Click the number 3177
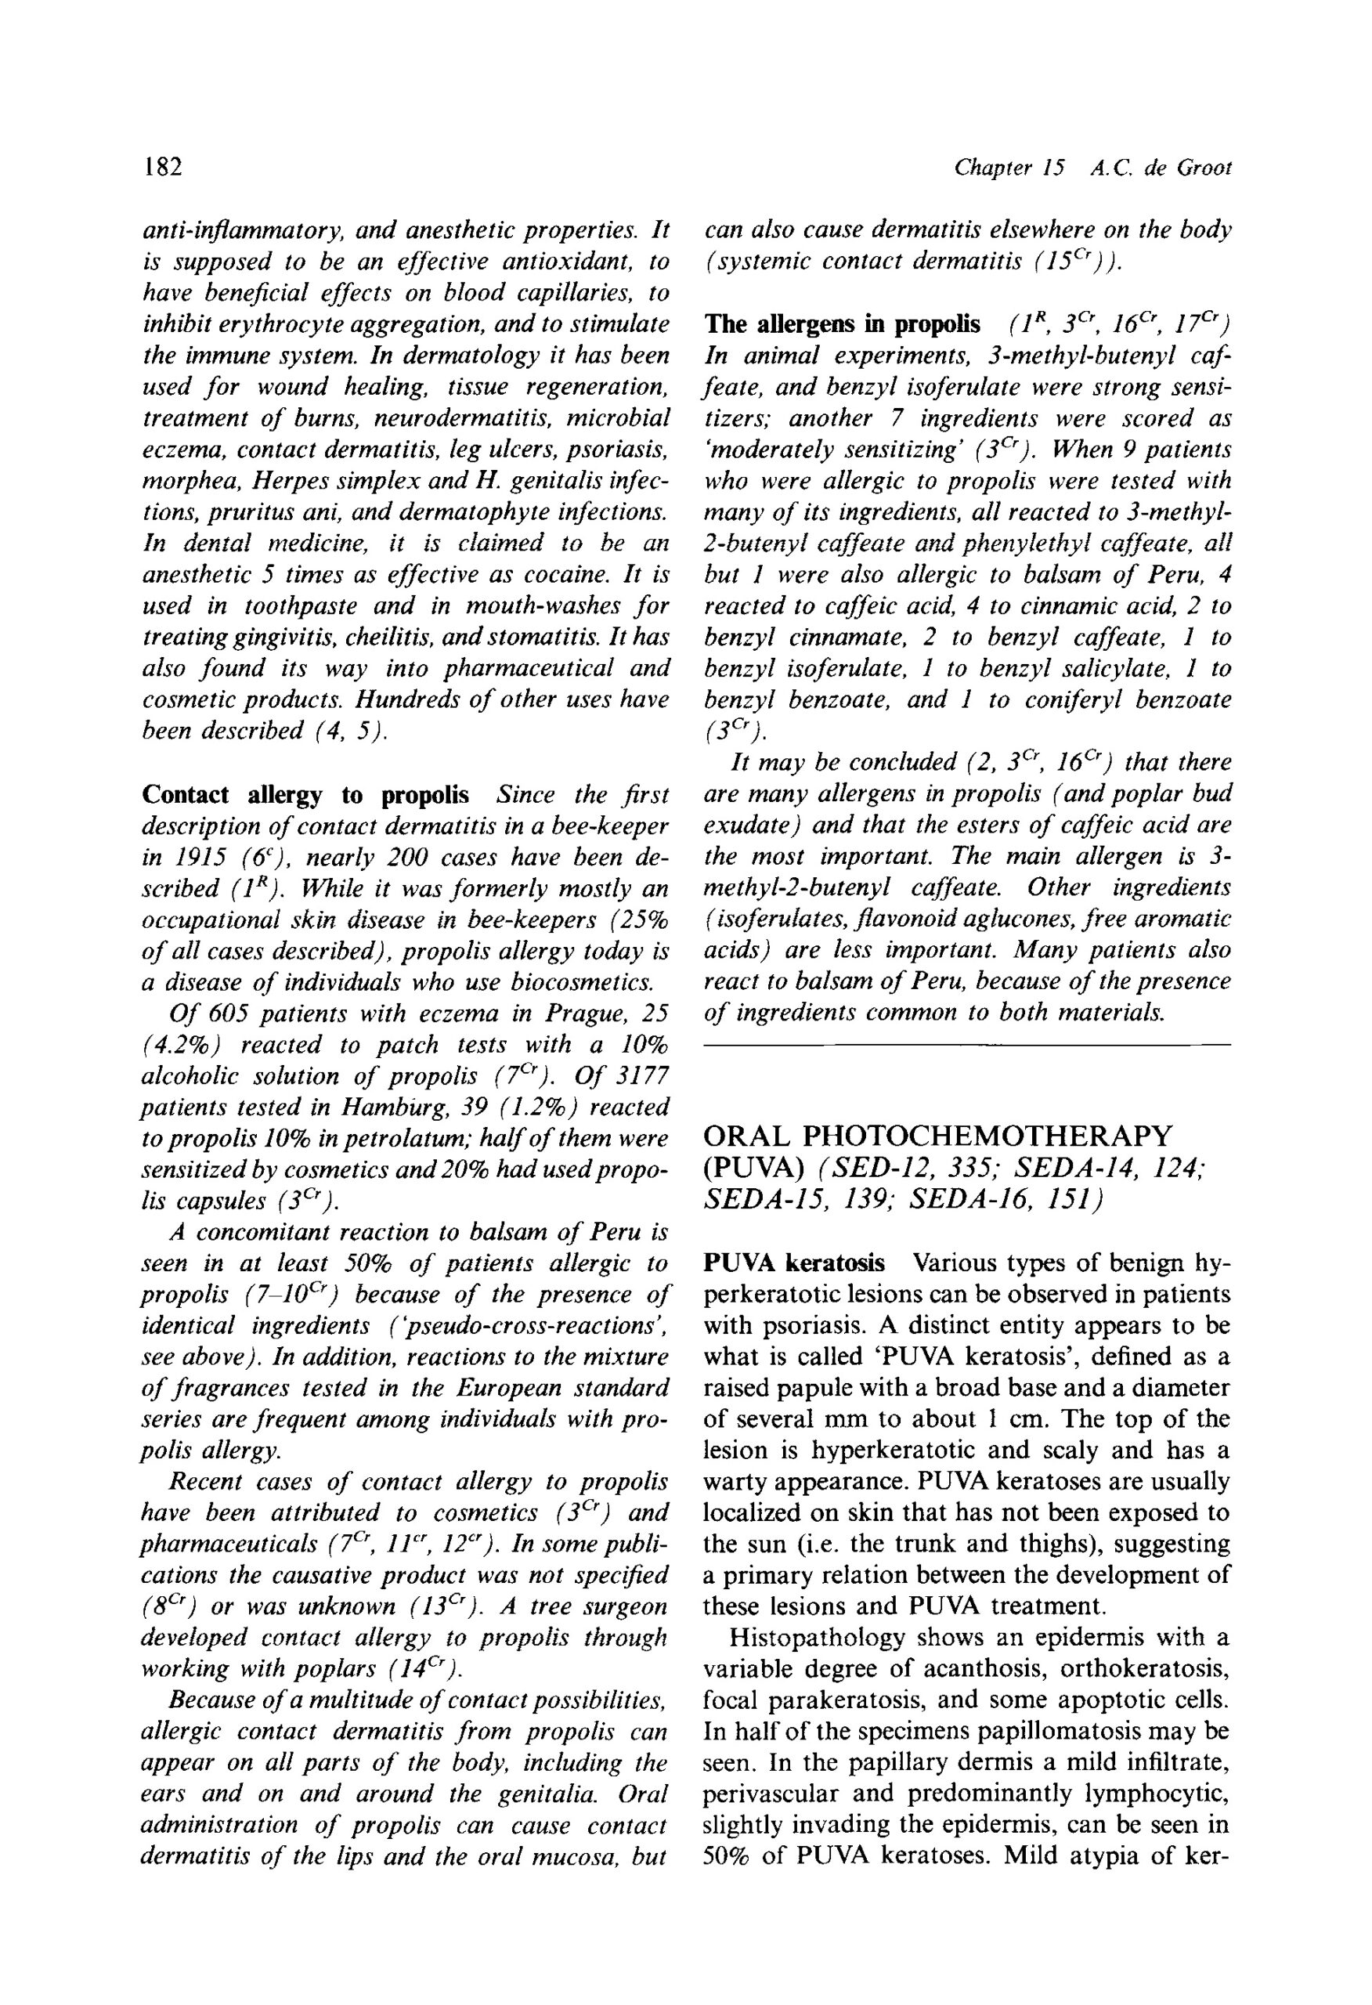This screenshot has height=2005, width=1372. pos(637,1077)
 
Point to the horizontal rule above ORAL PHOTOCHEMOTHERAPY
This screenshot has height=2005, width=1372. pos(966,1045)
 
